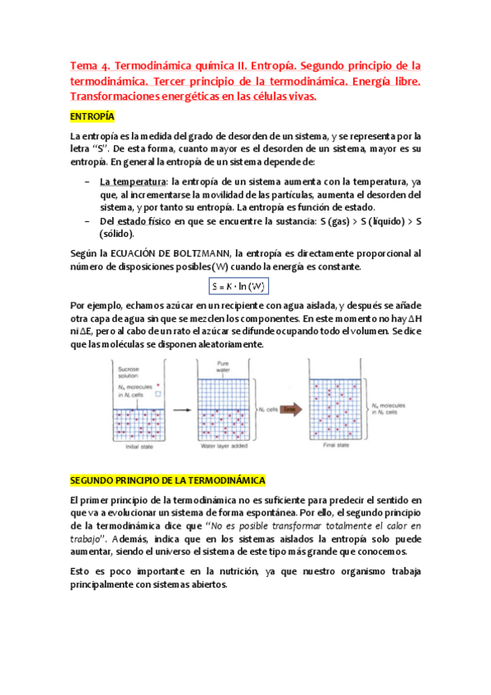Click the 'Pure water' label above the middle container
coord(220,366)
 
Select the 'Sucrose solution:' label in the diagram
coord(130,374)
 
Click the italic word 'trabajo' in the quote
coord(88,539)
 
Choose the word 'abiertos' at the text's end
coord(205,585)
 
